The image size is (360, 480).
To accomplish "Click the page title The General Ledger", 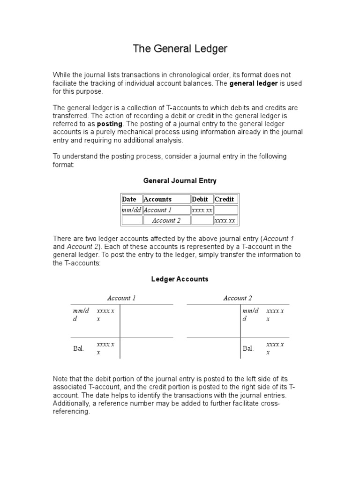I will (180, 49).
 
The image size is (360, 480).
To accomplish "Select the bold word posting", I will (110, 124).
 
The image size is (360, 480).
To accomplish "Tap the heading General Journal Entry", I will (180, 180).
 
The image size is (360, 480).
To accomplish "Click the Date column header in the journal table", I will (129, 199).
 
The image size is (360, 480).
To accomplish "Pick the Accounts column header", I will (157, 199).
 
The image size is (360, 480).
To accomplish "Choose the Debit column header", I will (200, 199).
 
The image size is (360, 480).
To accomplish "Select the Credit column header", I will (224, 199).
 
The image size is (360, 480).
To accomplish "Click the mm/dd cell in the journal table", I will (131, 210).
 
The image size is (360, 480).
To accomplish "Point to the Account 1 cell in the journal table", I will (157, 210).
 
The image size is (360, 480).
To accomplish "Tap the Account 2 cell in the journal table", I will (166, 220).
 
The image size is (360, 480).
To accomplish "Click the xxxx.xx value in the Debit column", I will (202, 210).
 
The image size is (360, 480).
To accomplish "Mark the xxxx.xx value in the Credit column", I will (225, 220).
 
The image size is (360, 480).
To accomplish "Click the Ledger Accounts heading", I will (180, 279).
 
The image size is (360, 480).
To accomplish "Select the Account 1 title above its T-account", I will (121, 298).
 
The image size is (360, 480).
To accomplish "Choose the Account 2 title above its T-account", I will (238, 298).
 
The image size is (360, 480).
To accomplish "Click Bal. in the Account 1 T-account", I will (79, 348).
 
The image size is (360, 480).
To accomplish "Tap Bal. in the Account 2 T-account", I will (248, 348).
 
